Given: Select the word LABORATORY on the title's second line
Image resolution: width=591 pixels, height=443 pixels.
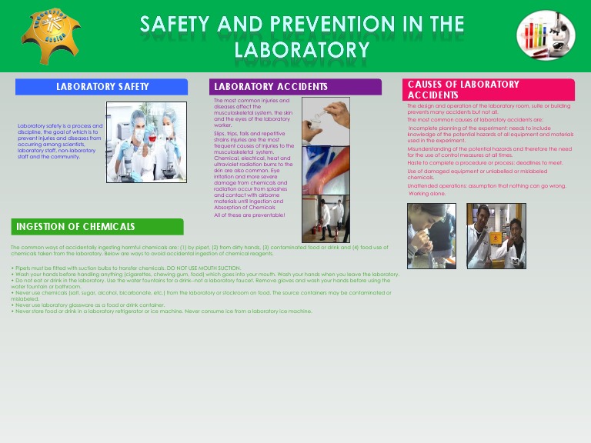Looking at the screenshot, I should pyautogui.click(x=302, y=50).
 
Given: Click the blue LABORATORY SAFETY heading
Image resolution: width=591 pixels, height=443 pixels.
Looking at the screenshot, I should pyautogui.click(x=102, y=87).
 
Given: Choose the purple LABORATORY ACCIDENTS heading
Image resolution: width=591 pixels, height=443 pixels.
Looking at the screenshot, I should pyautogui.click(x=295, y=87).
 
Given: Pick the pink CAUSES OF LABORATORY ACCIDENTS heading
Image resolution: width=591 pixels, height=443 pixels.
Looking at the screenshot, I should pyautogui.click(x=488, y=89).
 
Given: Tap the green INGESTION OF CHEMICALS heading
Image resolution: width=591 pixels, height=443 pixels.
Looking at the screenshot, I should pyautogui.click(x=97, y=227).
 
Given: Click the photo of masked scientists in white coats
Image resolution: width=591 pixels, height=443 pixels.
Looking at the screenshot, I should pyautogui.click(x=146, y=142).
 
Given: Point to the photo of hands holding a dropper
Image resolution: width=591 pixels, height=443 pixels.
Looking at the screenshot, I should pyautogui.click(x=326, y=121).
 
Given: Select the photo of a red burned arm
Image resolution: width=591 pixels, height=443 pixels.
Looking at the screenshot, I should pyautogui.click(x=326, y=170).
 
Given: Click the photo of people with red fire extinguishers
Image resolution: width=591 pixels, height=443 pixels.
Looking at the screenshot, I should pyautogui.click(x=326, y=218).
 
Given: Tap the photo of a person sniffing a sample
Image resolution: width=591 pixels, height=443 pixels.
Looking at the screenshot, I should pyautogui.click(x=431, y=235).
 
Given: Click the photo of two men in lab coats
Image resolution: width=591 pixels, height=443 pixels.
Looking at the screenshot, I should pyautogui.click(x=496, y=235).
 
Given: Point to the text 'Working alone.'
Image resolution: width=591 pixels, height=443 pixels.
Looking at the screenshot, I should pyautogui.click(x=427, y=194).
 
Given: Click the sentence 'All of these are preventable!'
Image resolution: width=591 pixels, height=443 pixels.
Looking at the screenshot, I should pyautogui.click(x=249, y=215).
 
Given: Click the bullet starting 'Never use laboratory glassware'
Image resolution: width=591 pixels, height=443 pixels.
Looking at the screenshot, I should pyautogui.click(x=90, y=305).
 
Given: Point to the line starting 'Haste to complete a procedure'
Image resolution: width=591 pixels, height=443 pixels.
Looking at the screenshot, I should pyautogui.click(x=485, y=163).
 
